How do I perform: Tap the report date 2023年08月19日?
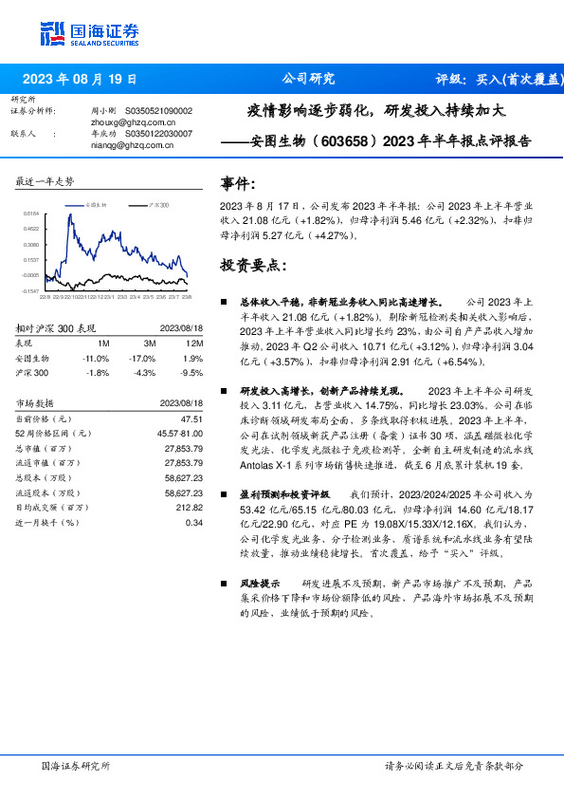coord(79,79)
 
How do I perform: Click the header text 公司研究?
coord(308,79)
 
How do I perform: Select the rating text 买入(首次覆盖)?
coord(515,79)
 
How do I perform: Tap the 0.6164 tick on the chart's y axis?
coord(30,214)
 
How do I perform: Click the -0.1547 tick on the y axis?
coord(30,290)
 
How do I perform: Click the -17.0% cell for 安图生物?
coord(143,359)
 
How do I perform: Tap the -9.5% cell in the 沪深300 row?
coord(192,374)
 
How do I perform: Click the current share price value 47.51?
coord(192,418)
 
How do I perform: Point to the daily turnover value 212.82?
coord(191,509)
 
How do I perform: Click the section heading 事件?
coord(238,183)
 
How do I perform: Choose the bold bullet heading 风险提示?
coord(259,584)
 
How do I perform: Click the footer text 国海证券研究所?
coord(76,765)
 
